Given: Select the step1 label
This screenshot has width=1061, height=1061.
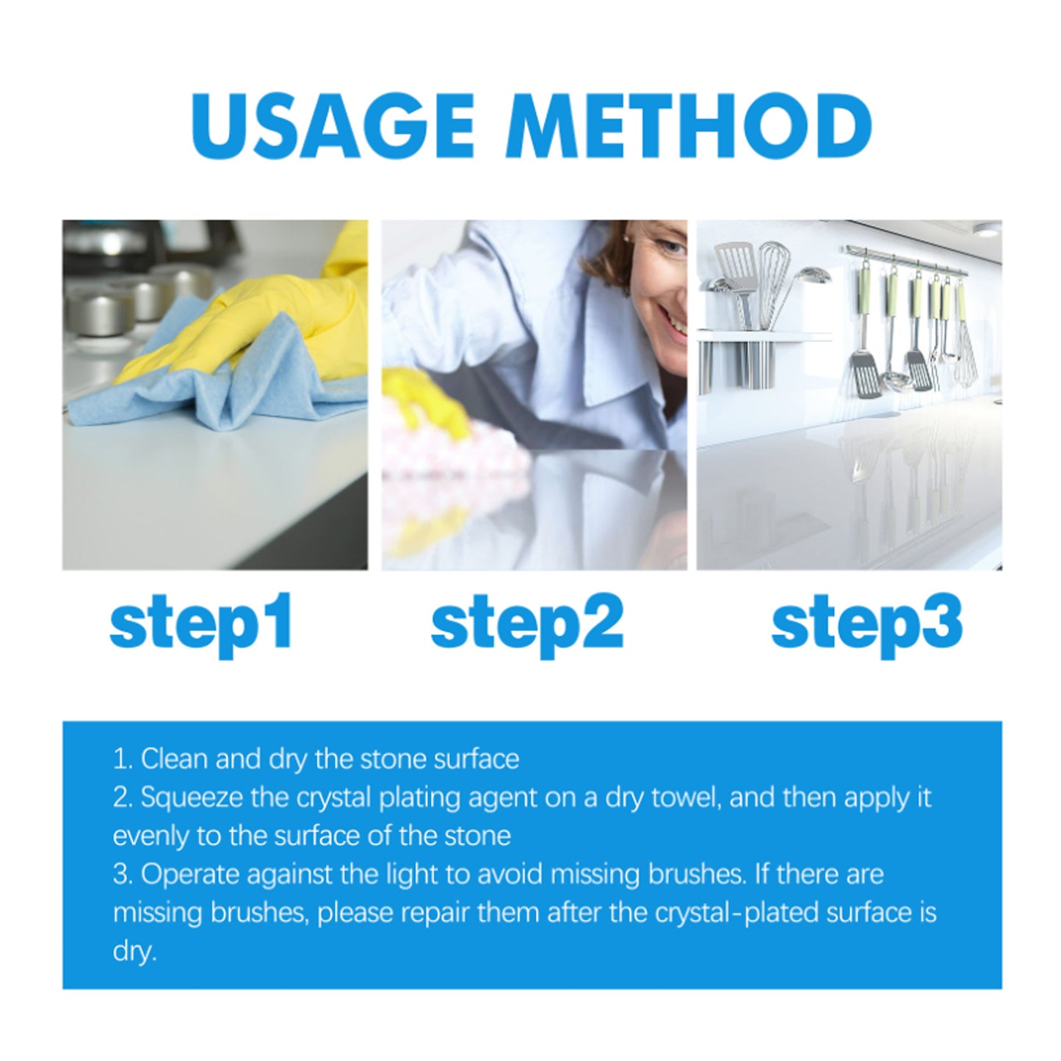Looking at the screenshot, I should pos(201,622).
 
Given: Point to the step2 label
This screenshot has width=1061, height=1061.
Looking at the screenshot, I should pos(526,622).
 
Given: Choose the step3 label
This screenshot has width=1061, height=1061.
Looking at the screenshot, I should pos(866,622).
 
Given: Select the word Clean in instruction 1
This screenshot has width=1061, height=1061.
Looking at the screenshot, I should pos(174,759).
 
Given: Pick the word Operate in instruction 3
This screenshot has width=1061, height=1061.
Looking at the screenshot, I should pos(191,874).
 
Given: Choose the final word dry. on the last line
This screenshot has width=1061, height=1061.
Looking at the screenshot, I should pos(134,952).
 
